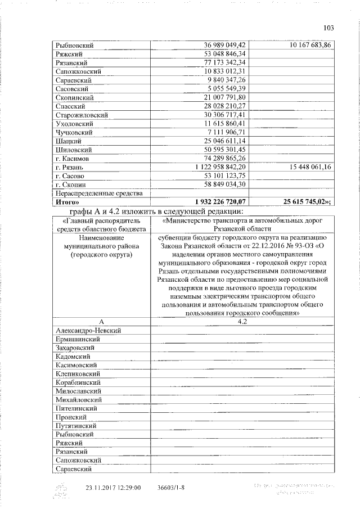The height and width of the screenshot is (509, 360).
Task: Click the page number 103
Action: tap(329, 28)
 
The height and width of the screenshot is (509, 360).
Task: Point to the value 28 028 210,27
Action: tap(225, 106)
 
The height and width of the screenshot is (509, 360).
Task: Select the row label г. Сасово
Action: tap(70, 176)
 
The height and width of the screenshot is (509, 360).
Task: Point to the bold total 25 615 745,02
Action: tap(308, 202)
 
